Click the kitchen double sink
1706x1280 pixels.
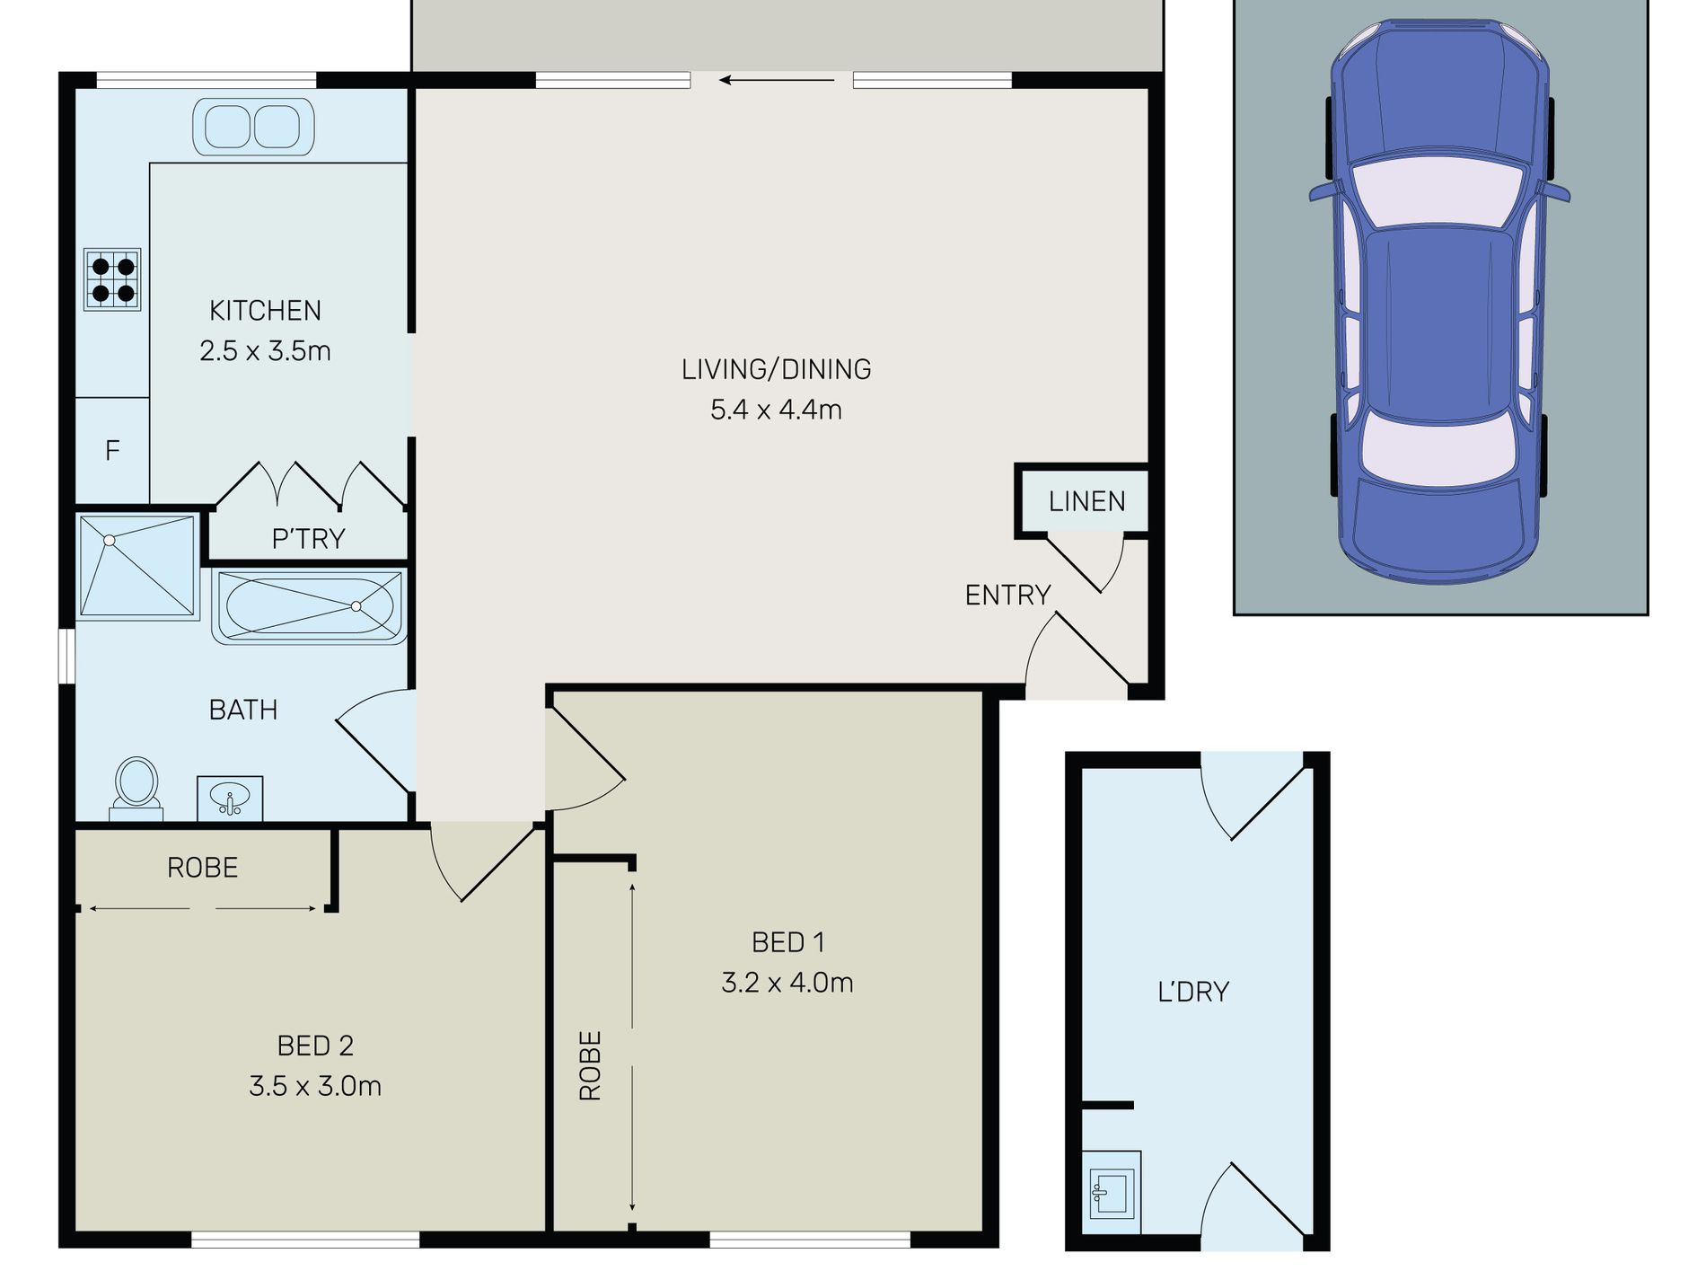click(253, 127)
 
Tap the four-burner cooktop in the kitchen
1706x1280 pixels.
click(112, 279)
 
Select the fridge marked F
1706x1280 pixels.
click(112, 450)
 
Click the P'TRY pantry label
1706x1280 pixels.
click(308, 539)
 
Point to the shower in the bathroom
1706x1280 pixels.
click(137, 566)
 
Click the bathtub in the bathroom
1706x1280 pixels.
click(310, 606)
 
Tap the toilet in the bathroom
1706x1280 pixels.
click(136, 789)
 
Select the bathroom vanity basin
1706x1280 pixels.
click(230, 799)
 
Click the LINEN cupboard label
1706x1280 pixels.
click(1086, 501)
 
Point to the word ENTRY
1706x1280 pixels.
click(1007, 595)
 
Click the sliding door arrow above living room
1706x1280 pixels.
click(777, 80)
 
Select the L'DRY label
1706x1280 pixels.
click(1193, 992)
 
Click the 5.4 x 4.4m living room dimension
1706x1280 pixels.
click(776, 410)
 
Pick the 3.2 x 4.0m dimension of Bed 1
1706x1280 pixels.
click(787, 983)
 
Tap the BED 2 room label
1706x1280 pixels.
click(315, 1046)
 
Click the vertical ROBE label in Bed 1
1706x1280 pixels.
click(590, 1065)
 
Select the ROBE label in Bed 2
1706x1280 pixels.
click(203, 868)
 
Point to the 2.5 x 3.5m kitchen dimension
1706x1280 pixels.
click(265, 351)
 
